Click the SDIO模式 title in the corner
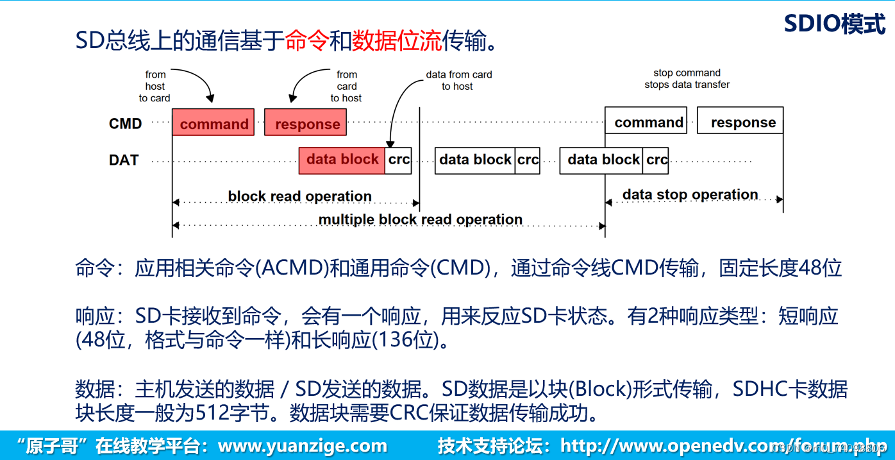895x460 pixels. pos(834,24)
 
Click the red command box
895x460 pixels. pos(213,123)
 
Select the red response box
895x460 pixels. pos(306,123)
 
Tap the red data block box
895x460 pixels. pos(342,160)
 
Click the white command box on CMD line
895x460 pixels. pos(646,121)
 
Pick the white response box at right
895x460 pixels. pos(740,121)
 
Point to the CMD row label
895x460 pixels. pos(125,123)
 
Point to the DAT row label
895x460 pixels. pos(124,160)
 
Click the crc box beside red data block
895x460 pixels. pos(399,160)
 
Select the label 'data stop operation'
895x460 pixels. pos(690,194)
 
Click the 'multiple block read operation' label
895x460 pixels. pos(420,219)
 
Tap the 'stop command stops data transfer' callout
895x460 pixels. pos(687,79)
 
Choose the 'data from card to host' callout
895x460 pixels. pos(458,80)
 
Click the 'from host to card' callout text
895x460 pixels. pos(155,87)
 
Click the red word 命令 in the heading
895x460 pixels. pos(306,42)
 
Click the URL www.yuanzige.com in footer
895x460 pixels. pos(302,446)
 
